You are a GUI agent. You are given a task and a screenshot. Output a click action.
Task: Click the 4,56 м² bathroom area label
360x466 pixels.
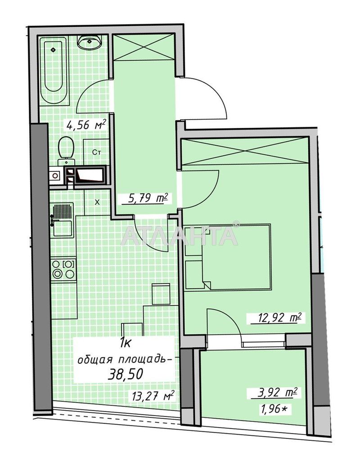click(86, 125)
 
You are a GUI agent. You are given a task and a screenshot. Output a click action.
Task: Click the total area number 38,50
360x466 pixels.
click(126, 374)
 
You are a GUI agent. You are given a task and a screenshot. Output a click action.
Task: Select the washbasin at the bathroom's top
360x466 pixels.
click(90, 42)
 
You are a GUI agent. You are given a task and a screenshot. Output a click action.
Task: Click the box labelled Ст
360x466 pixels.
click(97, 152)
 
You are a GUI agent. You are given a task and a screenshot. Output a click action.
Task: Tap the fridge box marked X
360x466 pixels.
click(97, 202)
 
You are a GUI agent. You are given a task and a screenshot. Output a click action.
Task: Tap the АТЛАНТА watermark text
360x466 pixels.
click(180, 235)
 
